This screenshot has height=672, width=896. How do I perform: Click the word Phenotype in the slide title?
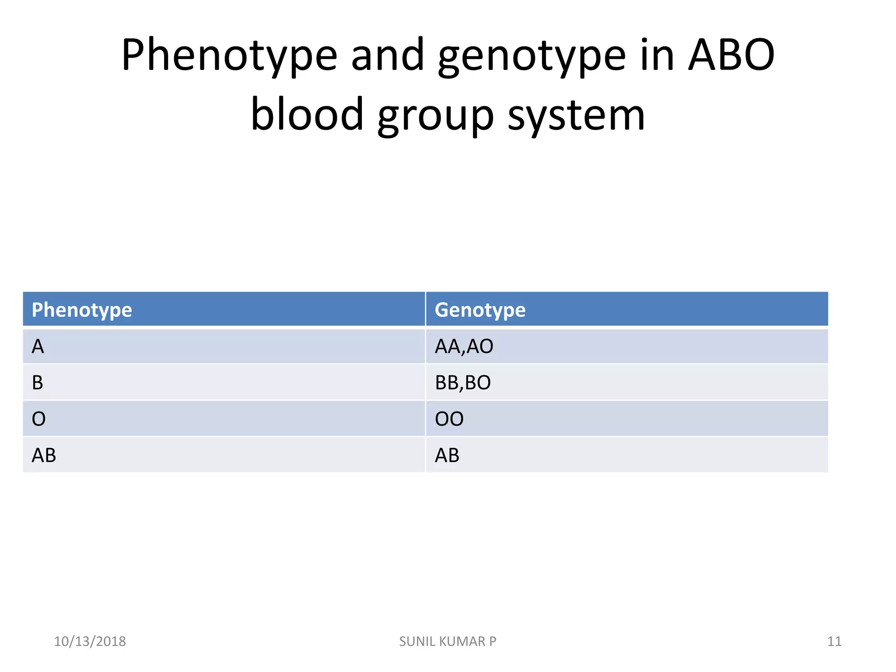pyautogui.click(x=229, y=56)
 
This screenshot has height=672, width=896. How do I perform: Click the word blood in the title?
pyautogui.click(x=307, y=115)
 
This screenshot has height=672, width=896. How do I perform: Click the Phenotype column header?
pyautogui.click(x=82, y=310)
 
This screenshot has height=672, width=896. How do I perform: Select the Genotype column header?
pyautogui.click(x=480, y=310)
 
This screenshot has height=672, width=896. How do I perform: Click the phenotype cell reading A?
pyautogui.click(x=38, y=346)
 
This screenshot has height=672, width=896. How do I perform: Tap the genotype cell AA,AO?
pyautogui.click(x=464, y=346)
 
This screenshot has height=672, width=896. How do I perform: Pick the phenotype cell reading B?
pyautogui.click(x=38, y=383)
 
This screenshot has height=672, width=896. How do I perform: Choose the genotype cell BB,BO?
pyautogui.click(x=462, y=383)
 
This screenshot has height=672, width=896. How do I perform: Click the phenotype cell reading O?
pyautogui.click(x=38, y=419)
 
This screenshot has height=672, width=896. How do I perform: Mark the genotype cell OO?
pyautogui.click(x=449, y=419)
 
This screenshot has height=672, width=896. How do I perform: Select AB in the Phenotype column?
pyautogui.click(x=44, y=455)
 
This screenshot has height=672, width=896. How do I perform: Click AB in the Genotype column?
pyautogui.click(x=447, y=455)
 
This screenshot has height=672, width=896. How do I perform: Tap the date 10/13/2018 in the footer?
pyautogui.click(x=90, y=641)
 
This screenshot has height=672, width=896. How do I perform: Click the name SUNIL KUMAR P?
pyautogui.click(x=448, y=641)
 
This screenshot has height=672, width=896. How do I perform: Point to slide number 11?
pyautogui.click(x=834, y=641)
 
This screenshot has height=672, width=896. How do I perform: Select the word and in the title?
pyautogui.click(x=388, y=56)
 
